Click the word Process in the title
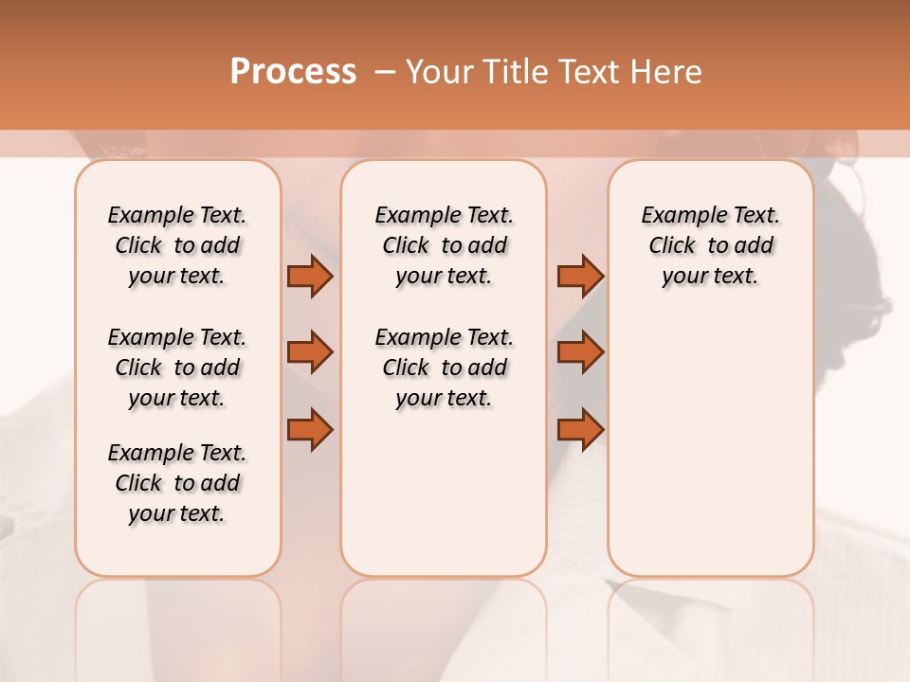click(293, 72)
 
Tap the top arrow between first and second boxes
click(310, 276)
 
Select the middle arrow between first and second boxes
click(310, 352)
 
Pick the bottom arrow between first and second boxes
click(310, 429)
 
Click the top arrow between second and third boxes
click(580, 276)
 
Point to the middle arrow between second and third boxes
click(580, 352)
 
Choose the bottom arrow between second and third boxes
click(580, 429)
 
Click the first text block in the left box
click(177, 245)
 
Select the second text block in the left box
click(177, 368)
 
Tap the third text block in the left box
click(177, 483)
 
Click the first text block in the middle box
click(444, 245)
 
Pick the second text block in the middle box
click(444, 368)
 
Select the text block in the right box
click(711, 245)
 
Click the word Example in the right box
click(676, 216)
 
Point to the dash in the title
click(385, 72)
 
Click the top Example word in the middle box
click(409, 216)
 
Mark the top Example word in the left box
click(142, 216)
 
